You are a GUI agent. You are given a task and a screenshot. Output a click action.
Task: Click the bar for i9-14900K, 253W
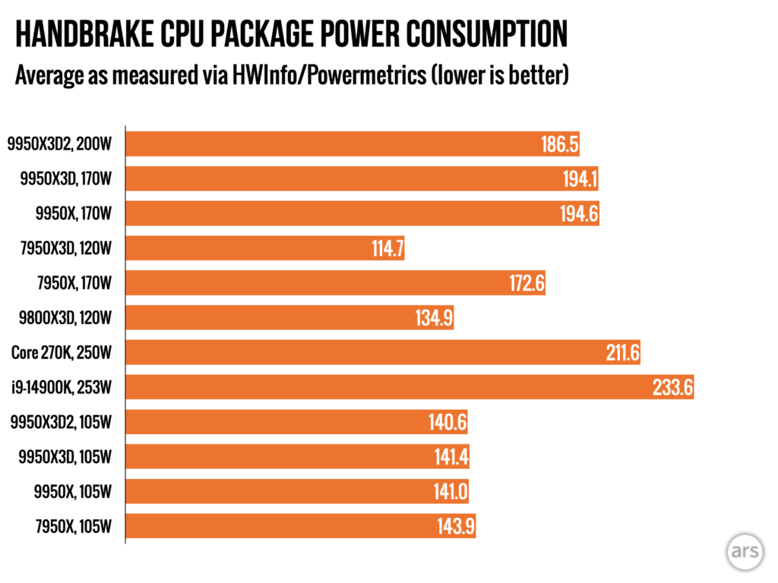click(409, 387)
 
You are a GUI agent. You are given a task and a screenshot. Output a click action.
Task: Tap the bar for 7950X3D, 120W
click(264, 248)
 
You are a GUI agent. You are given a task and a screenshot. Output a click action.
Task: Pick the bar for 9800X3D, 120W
click(289, 318)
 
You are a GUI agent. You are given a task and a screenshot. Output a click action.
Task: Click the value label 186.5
click(561, 144)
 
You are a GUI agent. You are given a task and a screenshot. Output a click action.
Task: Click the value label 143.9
click(456, 526)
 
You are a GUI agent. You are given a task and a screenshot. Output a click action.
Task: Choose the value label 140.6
click(448, 422)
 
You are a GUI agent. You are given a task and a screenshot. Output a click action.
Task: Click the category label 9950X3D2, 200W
click(60, 144)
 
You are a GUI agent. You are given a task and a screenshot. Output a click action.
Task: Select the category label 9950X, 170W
click(75, 214)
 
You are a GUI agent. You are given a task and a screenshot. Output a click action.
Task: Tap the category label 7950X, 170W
click(75, 283)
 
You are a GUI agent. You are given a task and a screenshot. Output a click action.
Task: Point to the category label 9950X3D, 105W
click(67, 457)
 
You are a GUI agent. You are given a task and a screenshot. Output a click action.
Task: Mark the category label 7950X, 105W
click(75, 526)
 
